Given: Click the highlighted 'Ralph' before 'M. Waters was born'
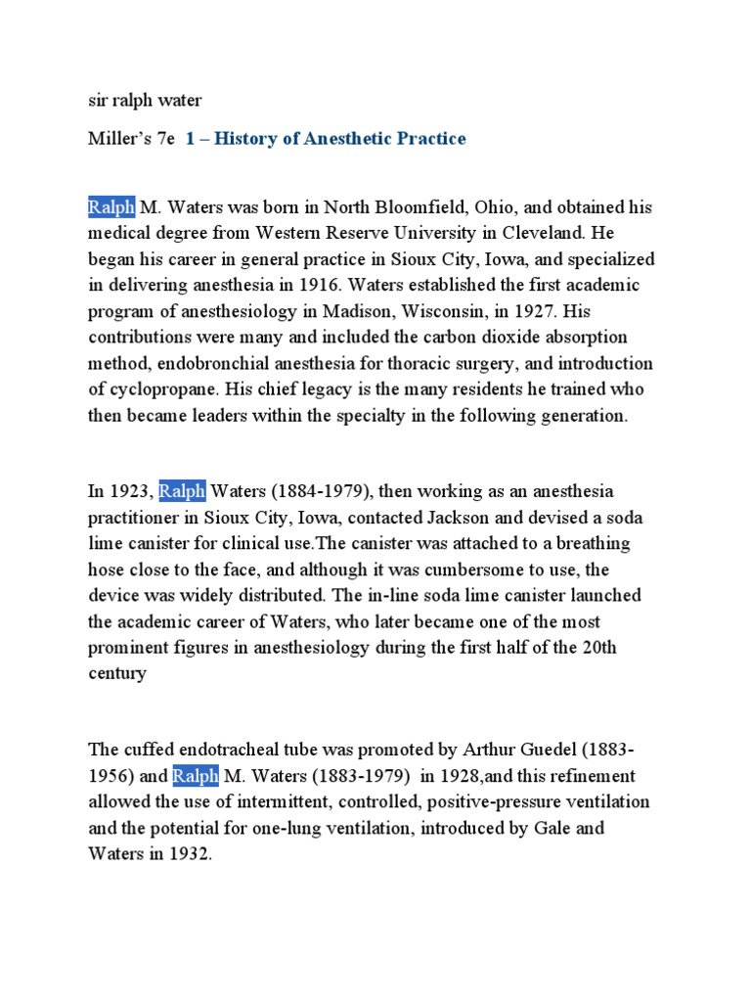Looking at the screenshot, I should [110, 207].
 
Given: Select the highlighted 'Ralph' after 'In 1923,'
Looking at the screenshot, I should [182, 491].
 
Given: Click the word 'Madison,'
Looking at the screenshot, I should [361, 311].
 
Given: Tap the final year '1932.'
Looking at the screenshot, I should [189, 854].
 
